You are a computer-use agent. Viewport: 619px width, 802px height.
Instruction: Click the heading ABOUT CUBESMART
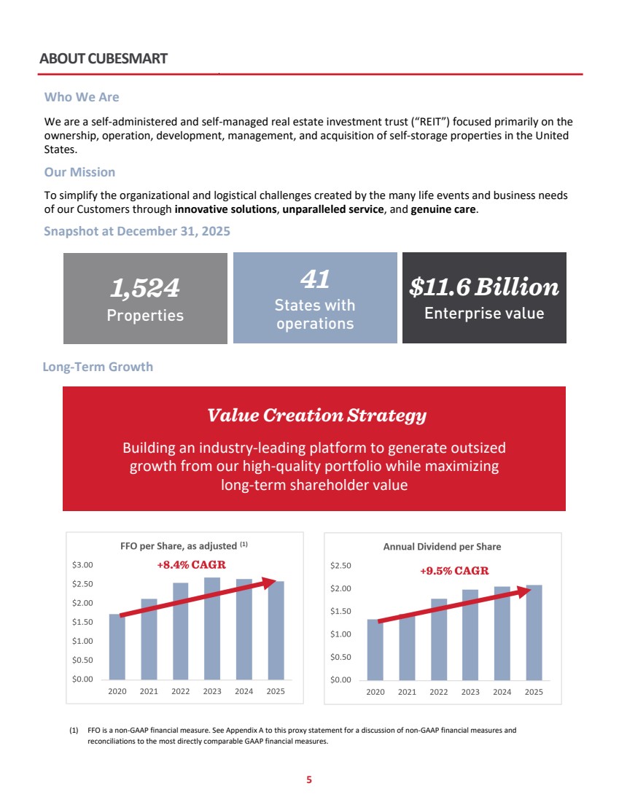[104, 59]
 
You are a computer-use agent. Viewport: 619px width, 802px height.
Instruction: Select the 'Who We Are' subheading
[82, 97]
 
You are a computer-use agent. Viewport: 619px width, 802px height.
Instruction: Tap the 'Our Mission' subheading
[79, 172]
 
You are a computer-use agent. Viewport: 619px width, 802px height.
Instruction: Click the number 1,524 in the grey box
[145, 288]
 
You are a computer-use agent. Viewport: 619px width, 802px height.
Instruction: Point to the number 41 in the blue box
[315, 279]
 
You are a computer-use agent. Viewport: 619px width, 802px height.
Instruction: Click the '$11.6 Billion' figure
[484, 287]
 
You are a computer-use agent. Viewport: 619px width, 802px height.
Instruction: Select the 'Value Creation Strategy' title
[316, 416]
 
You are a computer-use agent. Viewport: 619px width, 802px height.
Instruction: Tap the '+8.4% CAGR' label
[191, 564]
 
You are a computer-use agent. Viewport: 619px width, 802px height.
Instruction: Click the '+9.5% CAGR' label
[454, 570]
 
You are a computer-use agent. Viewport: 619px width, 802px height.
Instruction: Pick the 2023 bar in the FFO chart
[212, 628]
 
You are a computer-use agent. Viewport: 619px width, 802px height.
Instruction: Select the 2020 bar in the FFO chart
[117, 647]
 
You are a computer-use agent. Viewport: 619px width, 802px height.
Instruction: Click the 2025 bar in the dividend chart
[534, 633]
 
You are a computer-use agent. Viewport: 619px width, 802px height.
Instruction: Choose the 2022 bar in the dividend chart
[439, 639]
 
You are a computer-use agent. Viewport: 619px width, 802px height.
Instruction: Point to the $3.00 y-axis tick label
[82, 564]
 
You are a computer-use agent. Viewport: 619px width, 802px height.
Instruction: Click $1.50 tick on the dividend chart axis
[340, 611]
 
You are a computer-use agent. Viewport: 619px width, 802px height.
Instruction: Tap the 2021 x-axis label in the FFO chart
[149, 691]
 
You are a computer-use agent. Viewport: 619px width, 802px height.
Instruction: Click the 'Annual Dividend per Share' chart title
[442, 547]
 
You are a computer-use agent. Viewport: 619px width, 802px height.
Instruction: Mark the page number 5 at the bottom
[309, 779]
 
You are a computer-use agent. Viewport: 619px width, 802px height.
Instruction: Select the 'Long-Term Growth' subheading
[98, 367]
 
